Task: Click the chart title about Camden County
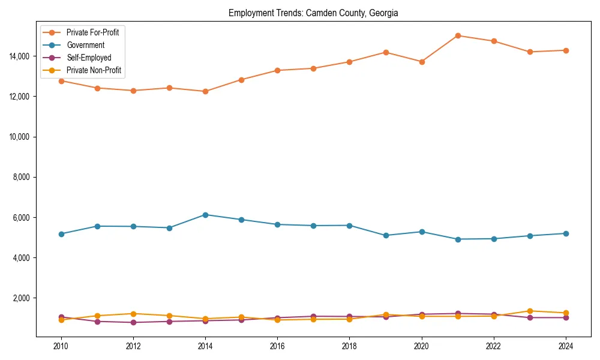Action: (x=313, y=13)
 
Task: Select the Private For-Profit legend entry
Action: (x=92, y=32)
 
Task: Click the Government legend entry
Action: (x=85, y=45)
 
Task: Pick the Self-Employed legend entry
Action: (x=89, y=58)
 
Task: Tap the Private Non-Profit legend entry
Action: (x=94, y=70)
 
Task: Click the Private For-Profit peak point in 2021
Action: (x=458, y=35)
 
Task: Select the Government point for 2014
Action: (x=205, y=214)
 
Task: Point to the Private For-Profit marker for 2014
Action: (x=205, y=91)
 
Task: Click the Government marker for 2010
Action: (x=61, y=234)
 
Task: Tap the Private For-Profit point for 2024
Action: (x=566, y=50)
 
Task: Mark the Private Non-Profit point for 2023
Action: (x=530, y=311)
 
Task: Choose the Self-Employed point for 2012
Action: (x=133, y=322)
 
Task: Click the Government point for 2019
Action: (x=386, y=235)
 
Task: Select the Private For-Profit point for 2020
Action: (x=422, y=62)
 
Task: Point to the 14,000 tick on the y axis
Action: (x=20, y=56)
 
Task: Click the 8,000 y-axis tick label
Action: (x=22, y=177)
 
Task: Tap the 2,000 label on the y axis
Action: (x=22, y=298)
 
